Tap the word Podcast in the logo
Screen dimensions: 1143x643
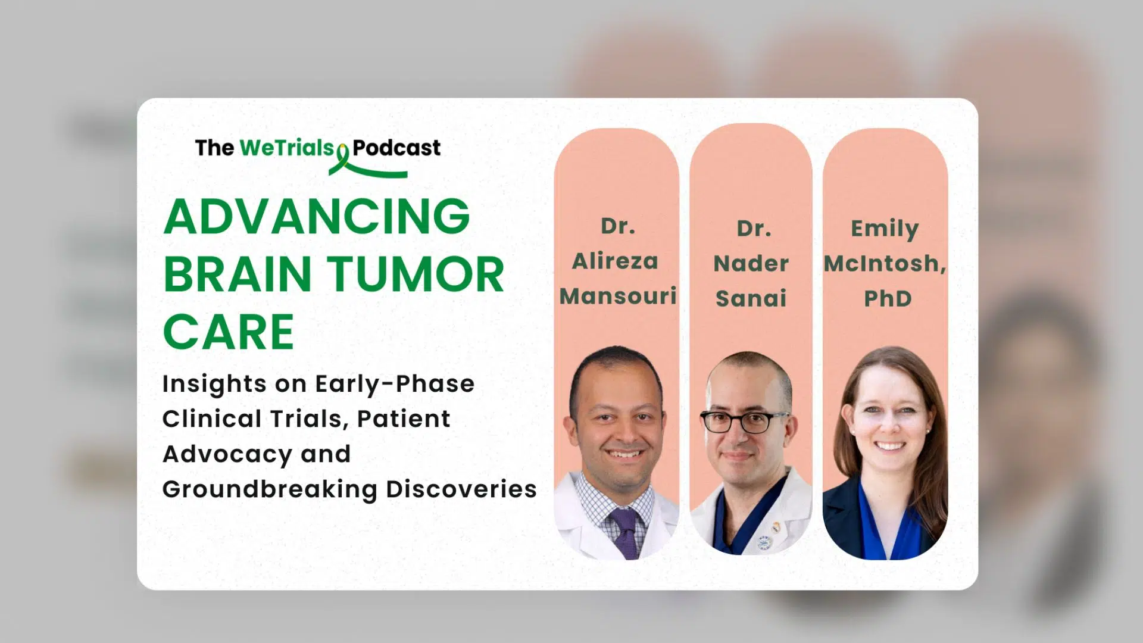(x=396, y=148)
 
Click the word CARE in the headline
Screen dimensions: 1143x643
(x=229, y=332)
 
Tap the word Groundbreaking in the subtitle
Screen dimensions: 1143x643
(x=270, y=489)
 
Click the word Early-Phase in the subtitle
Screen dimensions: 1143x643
(x=395, y=385)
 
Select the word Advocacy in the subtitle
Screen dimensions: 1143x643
(x=227, y=455)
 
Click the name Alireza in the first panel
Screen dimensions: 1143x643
(x=615, y=261)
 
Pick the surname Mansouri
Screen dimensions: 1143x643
(x=618, y=296)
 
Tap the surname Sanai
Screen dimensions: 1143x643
(x=751, y=298)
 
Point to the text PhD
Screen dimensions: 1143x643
(x=888, y=298)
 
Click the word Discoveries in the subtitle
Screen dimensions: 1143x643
(x=461, y=489)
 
